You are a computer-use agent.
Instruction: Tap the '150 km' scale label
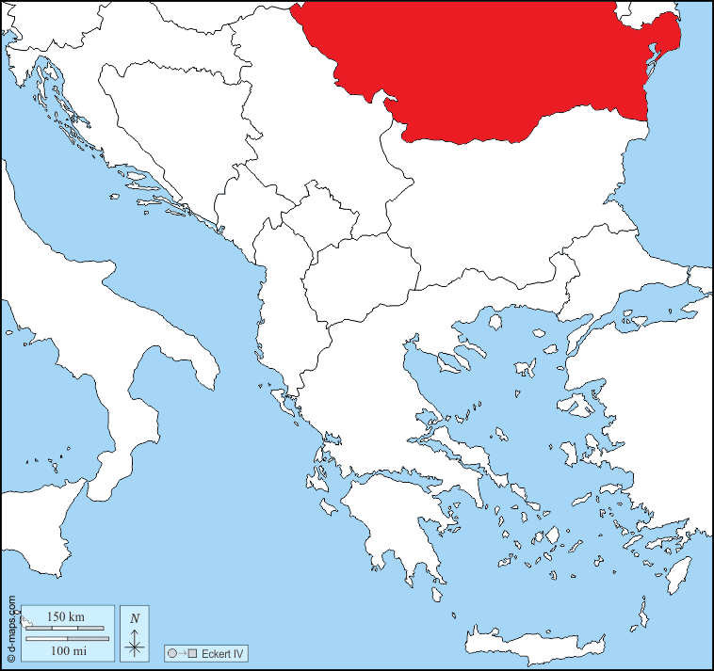pos(65,616)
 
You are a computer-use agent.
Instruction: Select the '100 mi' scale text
pos(65,650)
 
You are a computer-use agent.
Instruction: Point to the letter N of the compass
pos(136,617)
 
